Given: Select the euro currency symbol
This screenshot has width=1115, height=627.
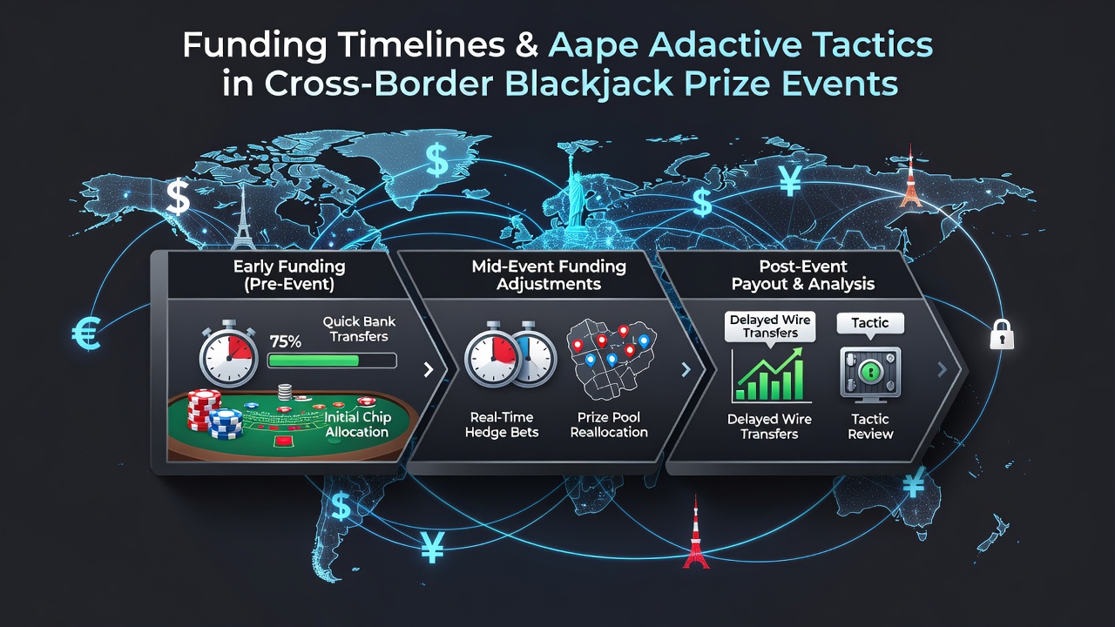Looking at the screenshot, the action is pyautogui.click(x=86, y=334).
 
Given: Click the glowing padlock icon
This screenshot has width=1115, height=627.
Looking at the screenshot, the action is pyautogui.click(x=1002, y=334).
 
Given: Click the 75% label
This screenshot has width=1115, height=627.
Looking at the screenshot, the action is pyautogui.click(x=285, y=341).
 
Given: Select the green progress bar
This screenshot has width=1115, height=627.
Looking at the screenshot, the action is pyautogui.click(x=332, y=361).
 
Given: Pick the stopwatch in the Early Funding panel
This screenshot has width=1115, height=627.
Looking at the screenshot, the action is pyautogui.click(x=229, y=354).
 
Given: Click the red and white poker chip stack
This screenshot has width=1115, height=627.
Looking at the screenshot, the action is pyautogui.click(x=204, y=409).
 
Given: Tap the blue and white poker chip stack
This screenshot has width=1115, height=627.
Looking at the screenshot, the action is pyautogui.click(x=226, y=424).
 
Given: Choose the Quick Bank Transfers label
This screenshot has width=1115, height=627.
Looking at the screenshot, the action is pyautogui.click(x=359, y=329).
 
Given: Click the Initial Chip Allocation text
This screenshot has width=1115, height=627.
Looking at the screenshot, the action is pyautogui.click(x=357, y=424).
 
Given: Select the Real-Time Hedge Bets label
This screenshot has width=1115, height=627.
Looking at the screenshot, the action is pyautogui.click(x=502, y=424).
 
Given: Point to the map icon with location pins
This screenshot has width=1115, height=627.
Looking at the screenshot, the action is pyautogui.click(x=611, y=360).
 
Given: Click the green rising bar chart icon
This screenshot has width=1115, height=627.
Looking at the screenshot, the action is pyautogui.click(x=771, y=375).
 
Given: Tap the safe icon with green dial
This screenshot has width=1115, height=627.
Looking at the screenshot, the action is pyautogui.click(x=870, y=374).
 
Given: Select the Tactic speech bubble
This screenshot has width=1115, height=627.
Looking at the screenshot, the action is pyautogui.click(x=870, y=325).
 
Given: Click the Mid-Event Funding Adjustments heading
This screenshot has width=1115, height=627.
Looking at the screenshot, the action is pyautogui.click(x=549, y=275).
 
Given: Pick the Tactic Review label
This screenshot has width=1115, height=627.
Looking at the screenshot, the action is pyautogui.click(x=870, y=427).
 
